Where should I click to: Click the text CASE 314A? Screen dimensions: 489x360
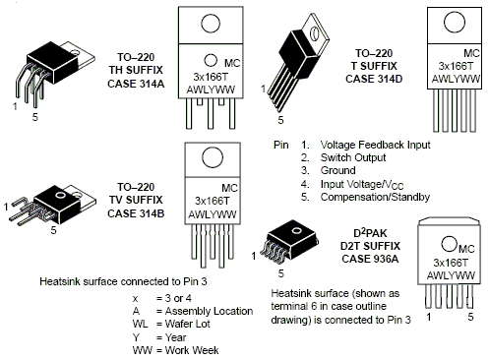tap(136, 84)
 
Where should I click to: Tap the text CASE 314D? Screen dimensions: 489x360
tap(374, 79)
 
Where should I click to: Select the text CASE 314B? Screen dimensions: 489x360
tap(136, 213)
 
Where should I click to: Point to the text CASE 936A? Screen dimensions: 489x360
tap(370, 259)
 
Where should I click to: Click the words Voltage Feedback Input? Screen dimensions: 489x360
tap(375, 145)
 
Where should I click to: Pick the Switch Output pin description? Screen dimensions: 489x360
tap(353, 157)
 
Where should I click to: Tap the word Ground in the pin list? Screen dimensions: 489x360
tap(338, 170)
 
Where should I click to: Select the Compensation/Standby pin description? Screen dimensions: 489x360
tap(375, 197)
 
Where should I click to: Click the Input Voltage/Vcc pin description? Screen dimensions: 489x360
tap(362, 185)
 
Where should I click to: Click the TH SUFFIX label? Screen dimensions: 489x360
tap(136, 70)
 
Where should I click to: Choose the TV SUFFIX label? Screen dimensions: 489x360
tap(136, 200)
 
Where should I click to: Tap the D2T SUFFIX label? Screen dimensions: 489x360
tap(370, 246)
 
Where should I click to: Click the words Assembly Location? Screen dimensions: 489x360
tap(209, 311)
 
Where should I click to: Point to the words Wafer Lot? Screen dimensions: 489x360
tap(188, 324)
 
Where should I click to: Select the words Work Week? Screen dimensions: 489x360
tap(192, 350)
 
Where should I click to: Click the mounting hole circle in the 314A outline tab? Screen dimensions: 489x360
tap(211, 23)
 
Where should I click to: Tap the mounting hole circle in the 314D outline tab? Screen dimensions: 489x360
tap(455, 22)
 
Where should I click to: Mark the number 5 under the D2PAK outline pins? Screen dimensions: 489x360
tap(470, 317)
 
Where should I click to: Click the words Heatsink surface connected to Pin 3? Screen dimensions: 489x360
tap(123, 281)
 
